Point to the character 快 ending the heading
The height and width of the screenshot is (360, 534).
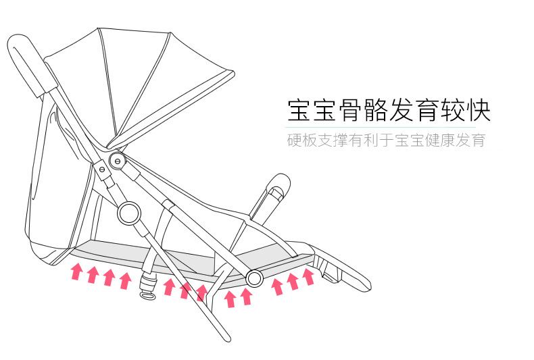point(477,109)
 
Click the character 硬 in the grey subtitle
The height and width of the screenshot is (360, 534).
point(295,141)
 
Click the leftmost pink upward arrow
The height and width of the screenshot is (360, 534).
point(77,272)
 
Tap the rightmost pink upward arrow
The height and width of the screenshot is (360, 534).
point(308,276)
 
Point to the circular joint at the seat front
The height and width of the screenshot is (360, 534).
point(254,278)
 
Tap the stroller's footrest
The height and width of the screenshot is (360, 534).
point(341,270)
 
